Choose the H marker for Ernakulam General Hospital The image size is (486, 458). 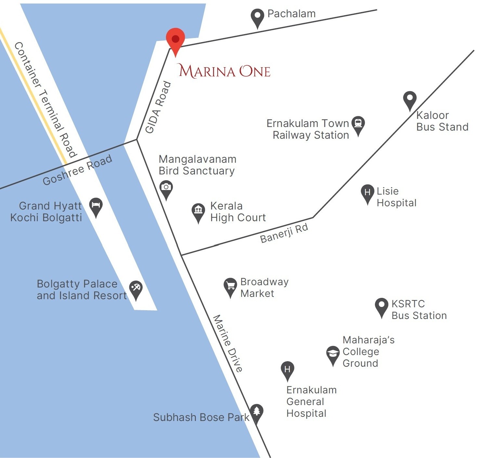287,370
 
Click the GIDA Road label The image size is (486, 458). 158,107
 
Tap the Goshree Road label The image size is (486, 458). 78,170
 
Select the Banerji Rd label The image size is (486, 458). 284,233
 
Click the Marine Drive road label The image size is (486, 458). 227,343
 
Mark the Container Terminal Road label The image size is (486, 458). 45,99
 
